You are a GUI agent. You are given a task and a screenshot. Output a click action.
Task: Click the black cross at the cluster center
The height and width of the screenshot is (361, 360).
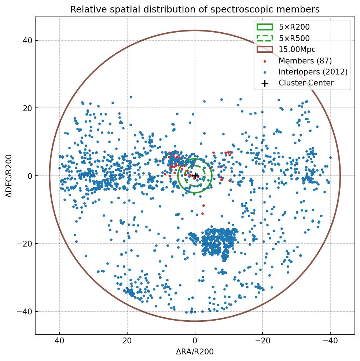(x=195, y=176)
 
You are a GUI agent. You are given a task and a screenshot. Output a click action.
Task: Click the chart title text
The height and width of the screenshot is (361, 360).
(x=195, y=9)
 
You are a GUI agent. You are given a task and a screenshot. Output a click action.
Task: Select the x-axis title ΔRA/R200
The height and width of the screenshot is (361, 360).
(x=195, y=352)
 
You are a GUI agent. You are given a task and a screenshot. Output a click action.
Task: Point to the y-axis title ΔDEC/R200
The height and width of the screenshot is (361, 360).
(x=9, y=176)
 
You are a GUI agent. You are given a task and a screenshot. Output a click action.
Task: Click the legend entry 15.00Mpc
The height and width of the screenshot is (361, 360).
(x=297, y=50)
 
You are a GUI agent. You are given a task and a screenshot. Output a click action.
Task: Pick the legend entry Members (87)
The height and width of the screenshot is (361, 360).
(x=305, y=61)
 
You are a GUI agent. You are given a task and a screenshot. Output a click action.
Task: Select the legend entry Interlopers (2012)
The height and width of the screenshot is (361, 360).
(x=313, y=72)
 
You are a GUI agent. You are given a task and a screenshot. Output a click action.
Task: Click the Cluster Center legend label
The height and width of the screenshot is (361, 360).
(x=306, y=83)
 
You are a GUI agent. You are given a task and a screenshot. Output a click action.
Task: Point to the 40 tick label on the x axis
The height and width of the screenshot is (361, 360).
(x=59, y=341)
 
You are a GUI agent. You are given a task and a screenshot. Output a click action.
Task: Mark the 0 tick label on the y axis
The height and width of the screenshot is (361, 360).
(x=30, y=176)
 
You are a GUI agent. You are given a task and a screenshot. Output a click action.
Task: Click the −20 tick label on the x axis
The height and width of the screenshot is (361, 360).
(x=262, y=341)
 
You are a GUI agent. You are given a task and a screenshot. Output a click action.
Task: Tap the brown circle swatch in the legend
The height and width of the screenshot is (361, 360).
(x=265, y=50)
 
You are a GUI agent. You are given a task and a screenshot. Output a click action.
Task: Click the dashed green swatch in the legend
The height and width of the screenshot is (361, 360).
(x=265, y=38)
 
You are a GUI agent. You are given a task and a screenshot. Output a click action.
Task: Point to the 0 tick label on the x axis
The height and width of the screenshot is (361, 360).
(x=195, y=341)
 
